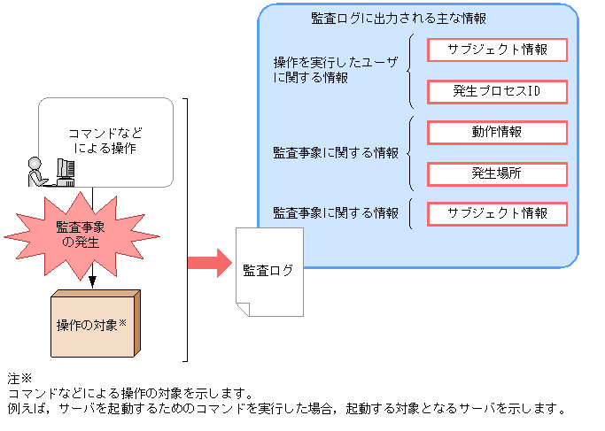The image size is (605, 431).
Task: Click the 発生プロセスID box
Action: pos(497,90)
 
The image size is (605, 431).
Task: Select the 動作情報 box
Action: pos(497,132)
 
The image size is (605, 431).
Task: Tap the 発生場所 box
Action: pos(497,173)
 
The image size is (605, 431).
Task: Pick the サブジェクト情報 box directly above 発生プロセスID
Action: pos(497,50)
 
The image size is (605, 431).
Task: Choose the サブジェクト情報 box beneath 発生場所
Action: pos(497,213)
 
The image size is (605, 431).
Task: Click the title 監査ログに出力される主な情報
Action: pos(399,18)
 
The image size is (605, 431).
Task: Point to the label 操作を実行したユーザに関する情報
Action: pos(336,70)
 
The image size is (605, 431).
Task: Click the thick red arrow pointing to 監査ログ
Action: pos(209,262)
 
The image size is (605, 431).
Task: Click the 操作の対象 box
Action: pos(92,324)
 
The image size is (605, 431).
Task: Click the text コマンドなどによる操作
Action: pos(105,141)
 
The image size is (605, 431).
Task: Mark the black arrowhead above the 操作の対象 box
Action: pos(92,282)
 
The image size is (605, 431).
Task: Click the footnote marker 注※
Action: pos(19,377)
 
